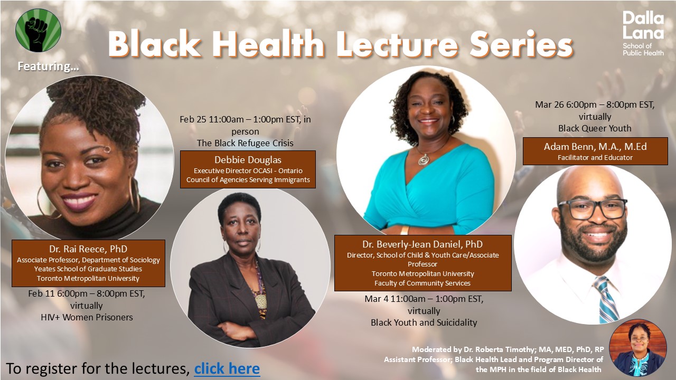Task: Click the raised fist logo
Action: pos(39,30)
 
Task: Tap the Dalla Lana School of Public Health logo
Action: pos(643,34)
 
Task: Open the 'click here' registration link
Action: pos(227,368)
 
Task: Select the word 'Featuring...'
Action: pos(48,66)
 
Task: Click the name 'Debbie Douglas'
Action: pos(248,160)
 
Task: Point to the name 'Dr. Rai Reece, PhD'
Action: pos(88,249)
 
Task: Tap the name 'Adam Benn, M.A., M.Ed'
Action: pos(595,147)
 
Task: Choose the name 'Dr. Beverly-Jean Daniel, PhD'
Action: pos(422,244)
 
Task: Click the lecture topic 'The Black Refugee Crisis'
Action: pos(245,143)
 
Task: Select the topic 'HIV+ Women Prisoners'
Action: pos(87,317)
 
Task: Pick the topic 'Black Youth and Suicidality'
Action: pos(424,322)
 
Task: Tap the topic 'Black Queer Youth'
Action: pos(595,128)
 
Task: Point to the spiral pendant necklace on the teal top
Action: pos(424,159)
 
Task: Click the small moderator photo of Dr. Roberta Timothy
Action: pos(637,348)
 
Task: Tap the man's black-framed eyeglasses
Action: pos(593,208)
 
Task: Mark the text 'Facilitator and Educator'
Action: pos(595,158)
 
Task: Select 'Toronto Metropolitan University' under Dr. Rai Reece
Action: pos(88,278)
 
